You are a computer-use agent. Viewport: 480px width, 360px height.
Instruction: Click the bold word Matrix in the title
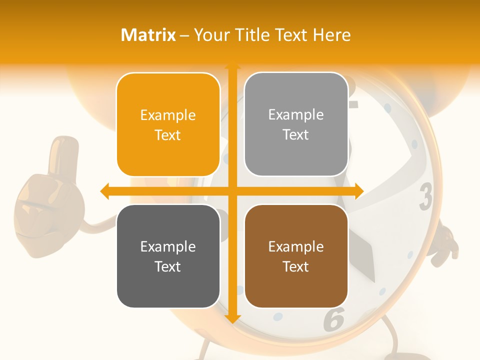pyautogui.click(x=148, y=35)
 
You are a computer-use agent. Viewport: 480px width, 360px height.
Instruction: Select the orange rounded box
pyautogui.click(x=168, y=124)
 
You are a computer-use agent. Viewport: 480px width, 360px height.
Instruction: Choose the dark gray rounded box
pyautogui.click(x=168, y=256)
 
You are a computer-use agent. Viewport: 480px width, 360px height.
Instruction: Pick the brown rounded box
pyautogui.click(x=296, y=256)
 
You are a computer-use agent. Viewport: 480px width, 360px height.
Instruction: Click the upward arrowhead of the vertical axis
pyautogui.click(x=232, y=65)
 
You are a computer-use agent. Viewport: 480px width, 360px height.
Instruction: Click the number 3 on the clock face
pyautogui.click(x=425, y=196)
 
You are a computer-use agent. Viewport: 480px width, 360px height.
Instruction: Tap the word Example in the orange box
pyautogui.click(x=168, y=115)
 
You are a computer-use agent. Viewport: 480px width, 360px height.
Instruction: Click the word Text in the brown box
pyautogui.click(x=296, y=266)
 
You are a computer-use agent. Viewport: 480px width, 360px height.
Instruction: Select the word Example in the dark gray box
pyautogui.click(x=168, y=246)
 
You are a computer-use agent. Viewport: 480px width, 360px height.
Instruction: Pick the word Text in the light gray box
pyautogui.click(x=296, y=134)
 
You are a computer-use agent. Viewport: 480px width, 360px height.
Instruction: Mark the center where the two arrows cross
pyautogui.click(x=232, y=191)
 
